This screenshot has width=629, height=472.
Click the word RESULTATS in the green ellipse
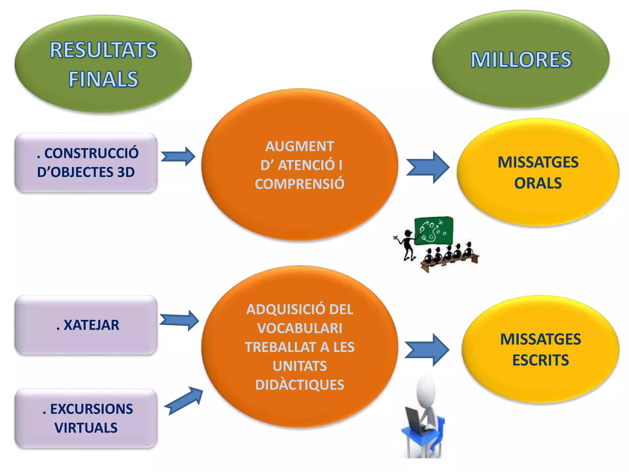coord(103,50)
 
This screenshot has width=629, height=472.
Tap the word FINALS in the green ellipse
coord(103,79)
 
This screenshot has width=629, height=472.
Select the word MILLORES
coord(521,60)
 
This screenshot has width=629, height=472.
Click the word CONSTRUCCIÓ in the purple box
coord(91,153)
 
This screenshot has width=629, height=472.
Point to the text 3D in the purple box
coord(126,172)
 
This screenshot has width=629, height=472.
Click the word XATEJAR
coord(91,325)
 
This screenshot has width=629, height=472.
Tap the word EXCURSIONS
coord(91,409)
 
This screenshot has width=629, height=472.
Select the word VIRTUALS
coord(86,428)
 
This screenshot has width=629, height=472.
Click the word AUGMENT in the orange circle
coord(299,146)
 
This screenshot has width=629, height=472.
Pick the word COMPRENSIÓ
coord(299,184)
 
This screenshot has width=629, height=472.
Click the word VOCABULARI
coord(299,328)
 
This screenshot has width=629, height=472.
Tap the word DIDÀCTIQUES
coord(299,385)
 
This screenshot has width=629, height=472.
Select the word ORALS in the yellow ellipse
coord(538,183)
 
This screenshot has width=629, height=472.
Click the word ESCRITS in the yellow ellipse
coord(540,360)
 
